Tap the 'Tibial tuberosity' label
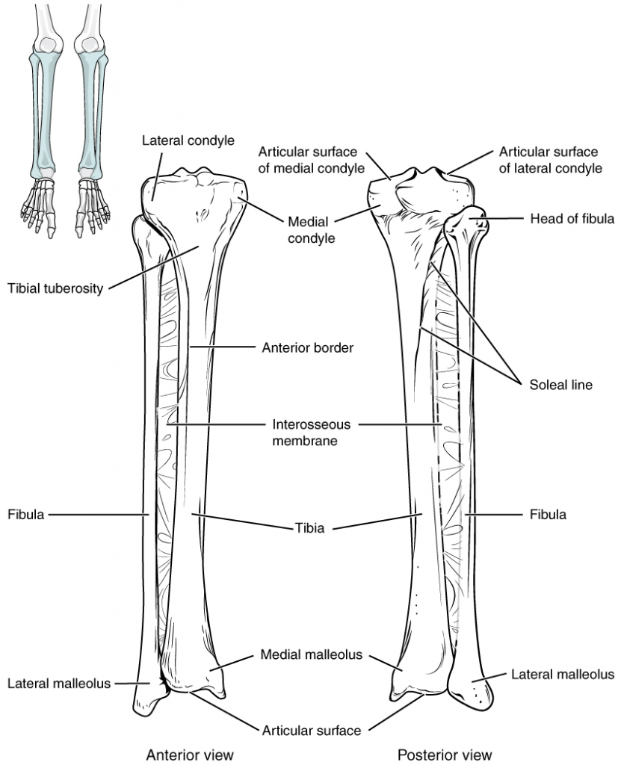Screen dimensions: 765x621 click(x=55, y=287)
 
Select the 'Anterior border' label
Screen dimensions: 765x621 click(x=307, y=347)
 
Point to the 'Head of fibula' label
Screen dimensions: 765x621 click(x=572, y=219)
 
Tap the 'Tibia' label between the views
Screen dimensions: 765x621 click(x=309, y=528)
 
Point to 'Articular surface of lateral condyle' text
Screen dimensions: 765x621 click(x=551, y=160)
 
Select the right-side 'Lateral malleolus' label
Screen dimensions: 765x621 click(x=563, y=675)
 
